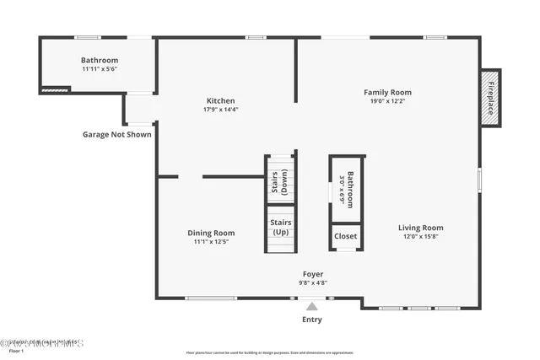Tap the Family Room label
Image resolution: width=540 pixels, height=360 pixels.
pyautogui.click(x=387, y=92)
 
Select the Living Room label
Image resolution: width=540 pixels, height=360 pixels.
pyautogui.click(x=420, y=228)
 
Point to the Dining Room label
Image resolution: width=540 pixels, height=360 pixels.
pyautogui.click(x=211, y=233)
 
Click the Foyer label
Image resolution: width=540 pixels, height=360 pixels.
pyautogui.click(x=313, y=274)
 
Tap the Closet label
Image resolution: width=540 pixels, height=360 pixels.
pyautogui.click(x=346, y=236)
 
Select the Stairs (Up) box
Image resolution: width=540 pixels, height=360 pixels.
pyautogui.click(x=280, y=227)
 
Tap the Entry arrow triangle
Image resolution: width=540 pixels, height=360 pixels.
pyautogui.click(x=312, y=307)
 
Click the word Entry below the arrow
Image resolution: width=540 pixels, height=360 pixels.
pyautogui.click(x=312, y=320)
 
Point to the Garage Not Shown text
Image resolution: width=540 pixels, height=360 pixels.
pyautogui.click(x=117, y=134)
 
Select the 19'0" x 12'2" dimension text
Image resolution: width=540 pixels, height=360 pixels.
pyautogui.click(x=387, y=101)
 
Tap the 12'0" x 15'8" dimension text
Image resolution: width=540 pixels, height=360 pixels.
pyautogui.click(x=420, y=236)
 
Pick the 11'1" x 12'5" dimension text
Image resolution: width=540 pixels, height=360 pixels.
pyautogui.click(x=211, y=242)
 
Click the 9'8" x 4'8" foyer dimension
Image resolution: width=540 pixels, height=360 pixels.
pyautogui.click(x=313, y=282)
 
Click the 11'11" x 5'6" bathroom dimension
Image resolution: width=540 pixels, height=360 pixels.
pyautogui.click(x=99, y=69)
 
